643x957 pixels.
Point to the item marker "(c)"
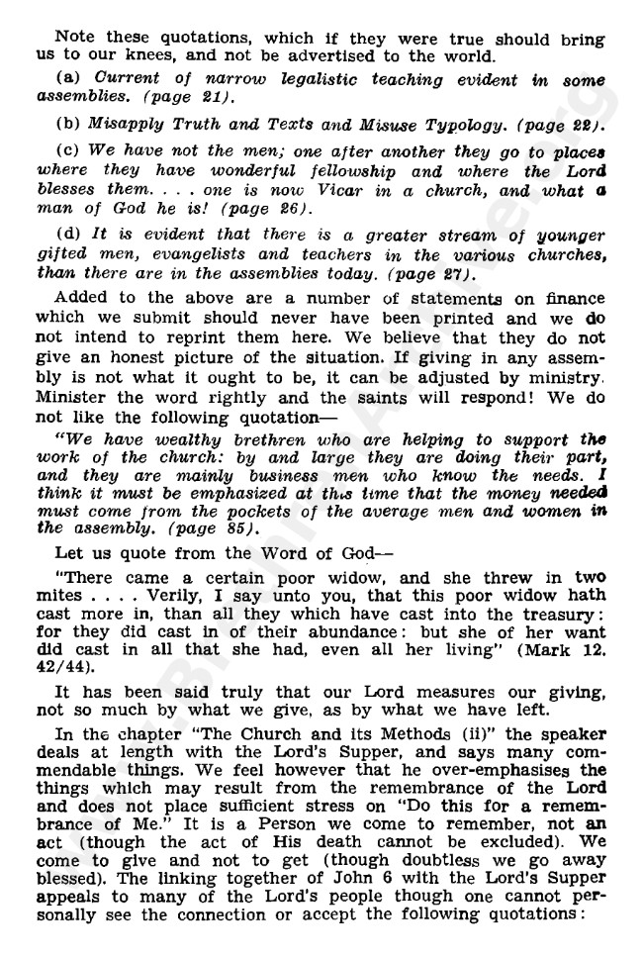(69, 153)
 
